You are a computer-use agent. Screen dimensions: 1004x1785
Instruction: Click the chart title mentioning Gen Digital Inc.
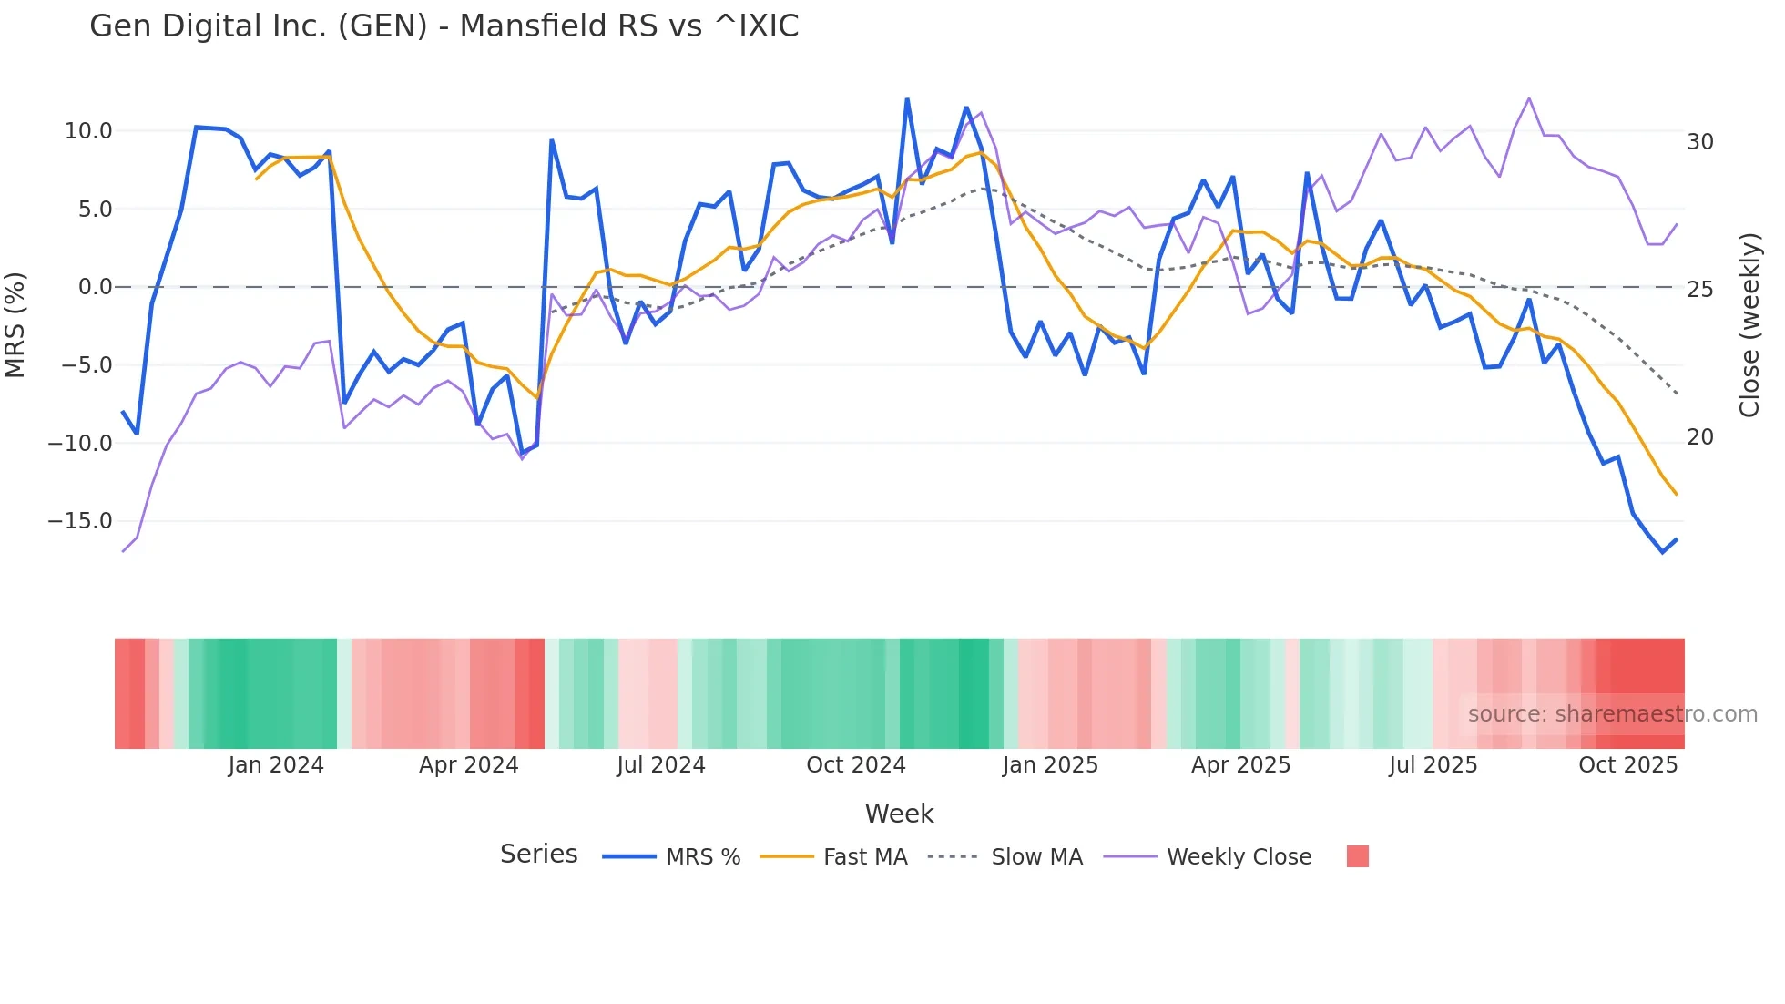coord(444,26)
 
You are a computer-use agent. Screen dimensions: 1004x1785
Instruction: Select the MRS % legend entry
coord(702,857)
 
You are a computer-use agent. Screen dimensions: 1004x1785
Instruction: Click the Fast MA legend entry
coord(864,857)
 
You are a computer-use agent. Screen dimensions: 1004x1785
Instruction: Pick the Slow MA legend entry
coord(1036,857)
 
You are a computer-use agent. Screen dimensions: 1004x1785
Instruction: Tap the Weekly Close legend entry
coord(1239,857)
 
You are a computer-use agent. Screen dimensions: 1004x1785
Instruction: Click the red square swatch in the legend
coord(1357,856)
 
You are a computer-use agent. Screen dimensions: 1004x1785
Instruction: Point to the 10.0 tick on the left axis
coord(88,131)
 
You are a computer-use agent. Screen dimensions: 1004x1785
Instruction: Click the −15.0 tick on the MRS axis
coord(80,521)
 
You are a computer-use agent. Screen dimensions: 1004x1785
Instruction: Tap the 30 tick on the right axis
coord(1699,142)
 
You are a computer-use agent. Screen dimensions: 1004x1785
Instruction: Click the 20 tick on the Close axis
coord(1699,437)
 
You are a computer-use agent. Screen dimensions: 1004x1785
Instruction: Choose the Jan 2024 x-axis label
coord(276,765)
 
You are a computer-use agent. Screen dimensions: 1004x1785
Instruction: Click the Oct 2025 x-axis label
coord(1627,765)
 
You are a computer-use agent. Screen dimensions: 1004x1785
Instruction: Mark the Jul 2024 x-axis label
coord(661,765)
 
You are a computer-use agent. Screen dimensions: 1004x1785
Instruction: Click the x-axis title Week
coord(899,814)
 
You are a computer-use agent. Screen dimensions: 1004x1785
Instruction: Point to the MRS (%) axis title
coord(15,325)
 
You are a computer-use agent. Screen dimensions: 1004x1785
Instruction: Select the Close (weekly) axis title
coord(1749,325)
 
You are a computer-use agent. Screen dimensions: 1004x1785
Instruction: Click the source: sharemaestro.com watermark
coord(1612,714)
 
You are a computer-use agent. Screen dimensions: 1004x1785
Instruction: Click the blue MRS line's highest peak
coord(907,99)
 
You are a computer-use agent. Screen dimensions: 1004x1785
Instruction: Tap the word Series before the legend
coord(538,855)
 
